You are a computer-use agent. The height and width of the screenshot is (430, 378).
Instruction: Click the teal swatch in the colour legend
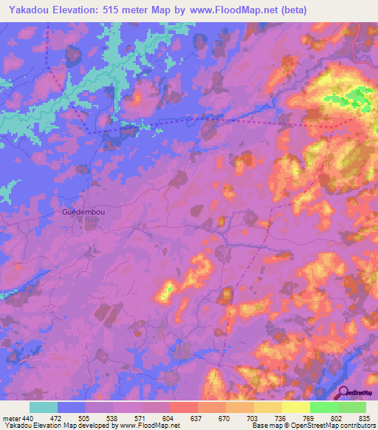tap(44, 407)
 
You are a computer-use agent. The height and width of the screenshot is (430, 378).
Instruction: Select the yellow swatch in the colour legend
tap(296, 407)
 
